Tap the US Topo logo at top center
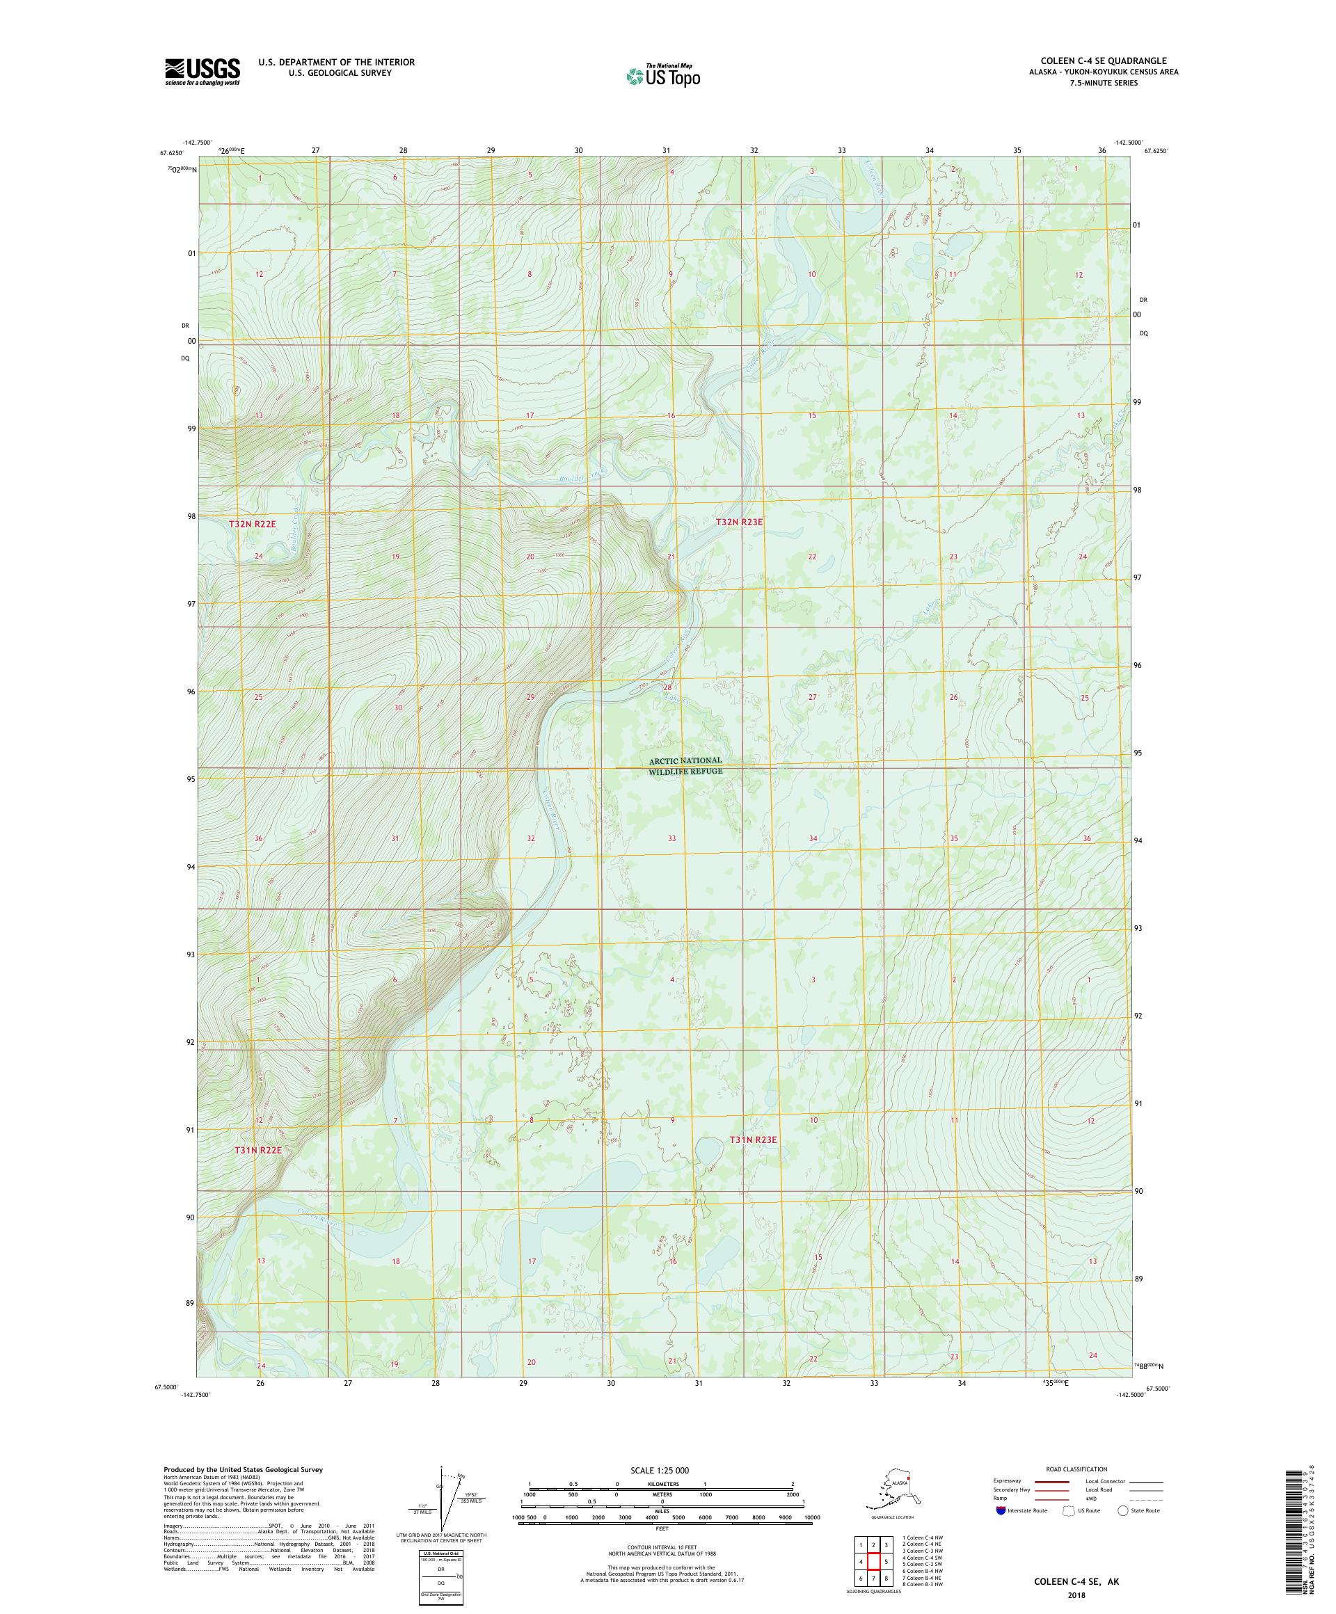[662, 76]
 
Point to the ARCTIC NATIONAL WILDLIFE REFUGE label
[685, 765]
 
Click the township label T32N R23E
[739, 522]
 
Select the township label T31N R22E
[258, 1151]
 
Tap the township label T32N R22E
[252, 523]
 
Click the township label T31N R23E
[753, 1140]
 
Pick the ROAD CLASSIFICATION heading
[1076, 1469]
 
